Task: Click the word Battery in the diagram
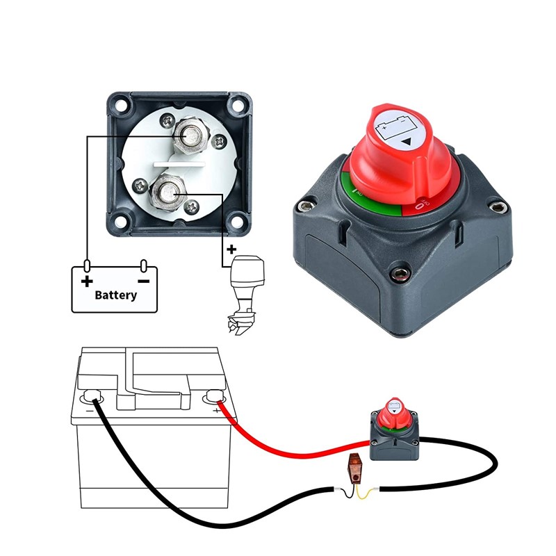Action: click(116, 295)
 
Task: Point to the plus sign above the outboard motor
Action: click(231, 250)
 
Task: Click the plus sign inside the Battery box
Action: click(87, 281)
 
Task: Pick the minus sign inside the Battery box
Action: click(143, 281)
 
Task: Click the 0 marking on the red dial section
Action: click(420, 205)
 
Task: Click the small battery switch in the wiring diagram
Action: click(395, 430)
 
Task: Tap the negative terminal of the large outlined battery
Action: click(92, 398)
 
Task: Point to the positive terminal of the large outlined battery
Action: click(213, 398)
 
